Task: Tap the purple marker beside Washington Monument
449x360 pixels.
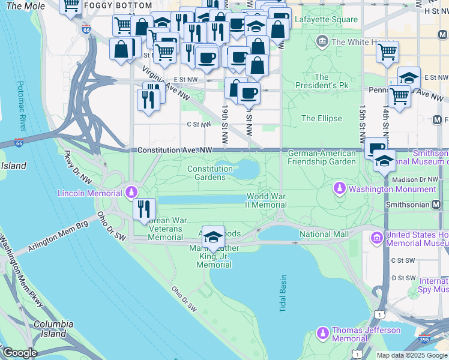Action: click(340, 189)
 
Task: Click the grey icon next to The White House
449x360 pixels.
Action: click(322, 41)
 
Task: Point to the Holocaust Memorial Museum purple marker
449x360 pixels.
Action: click(377, 238)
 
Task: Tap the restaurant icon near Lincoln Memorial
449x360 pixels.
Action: click(144, 209)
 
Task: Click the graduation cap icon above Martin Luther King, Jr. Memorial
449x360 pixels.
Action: click(213, 237)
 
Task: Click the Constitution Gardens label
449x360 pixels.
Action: click(210, 173)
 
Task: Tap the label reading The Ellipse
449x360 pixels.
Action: click(321, 118)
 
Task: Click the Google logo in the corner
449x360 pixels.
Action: click(19, 353)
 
